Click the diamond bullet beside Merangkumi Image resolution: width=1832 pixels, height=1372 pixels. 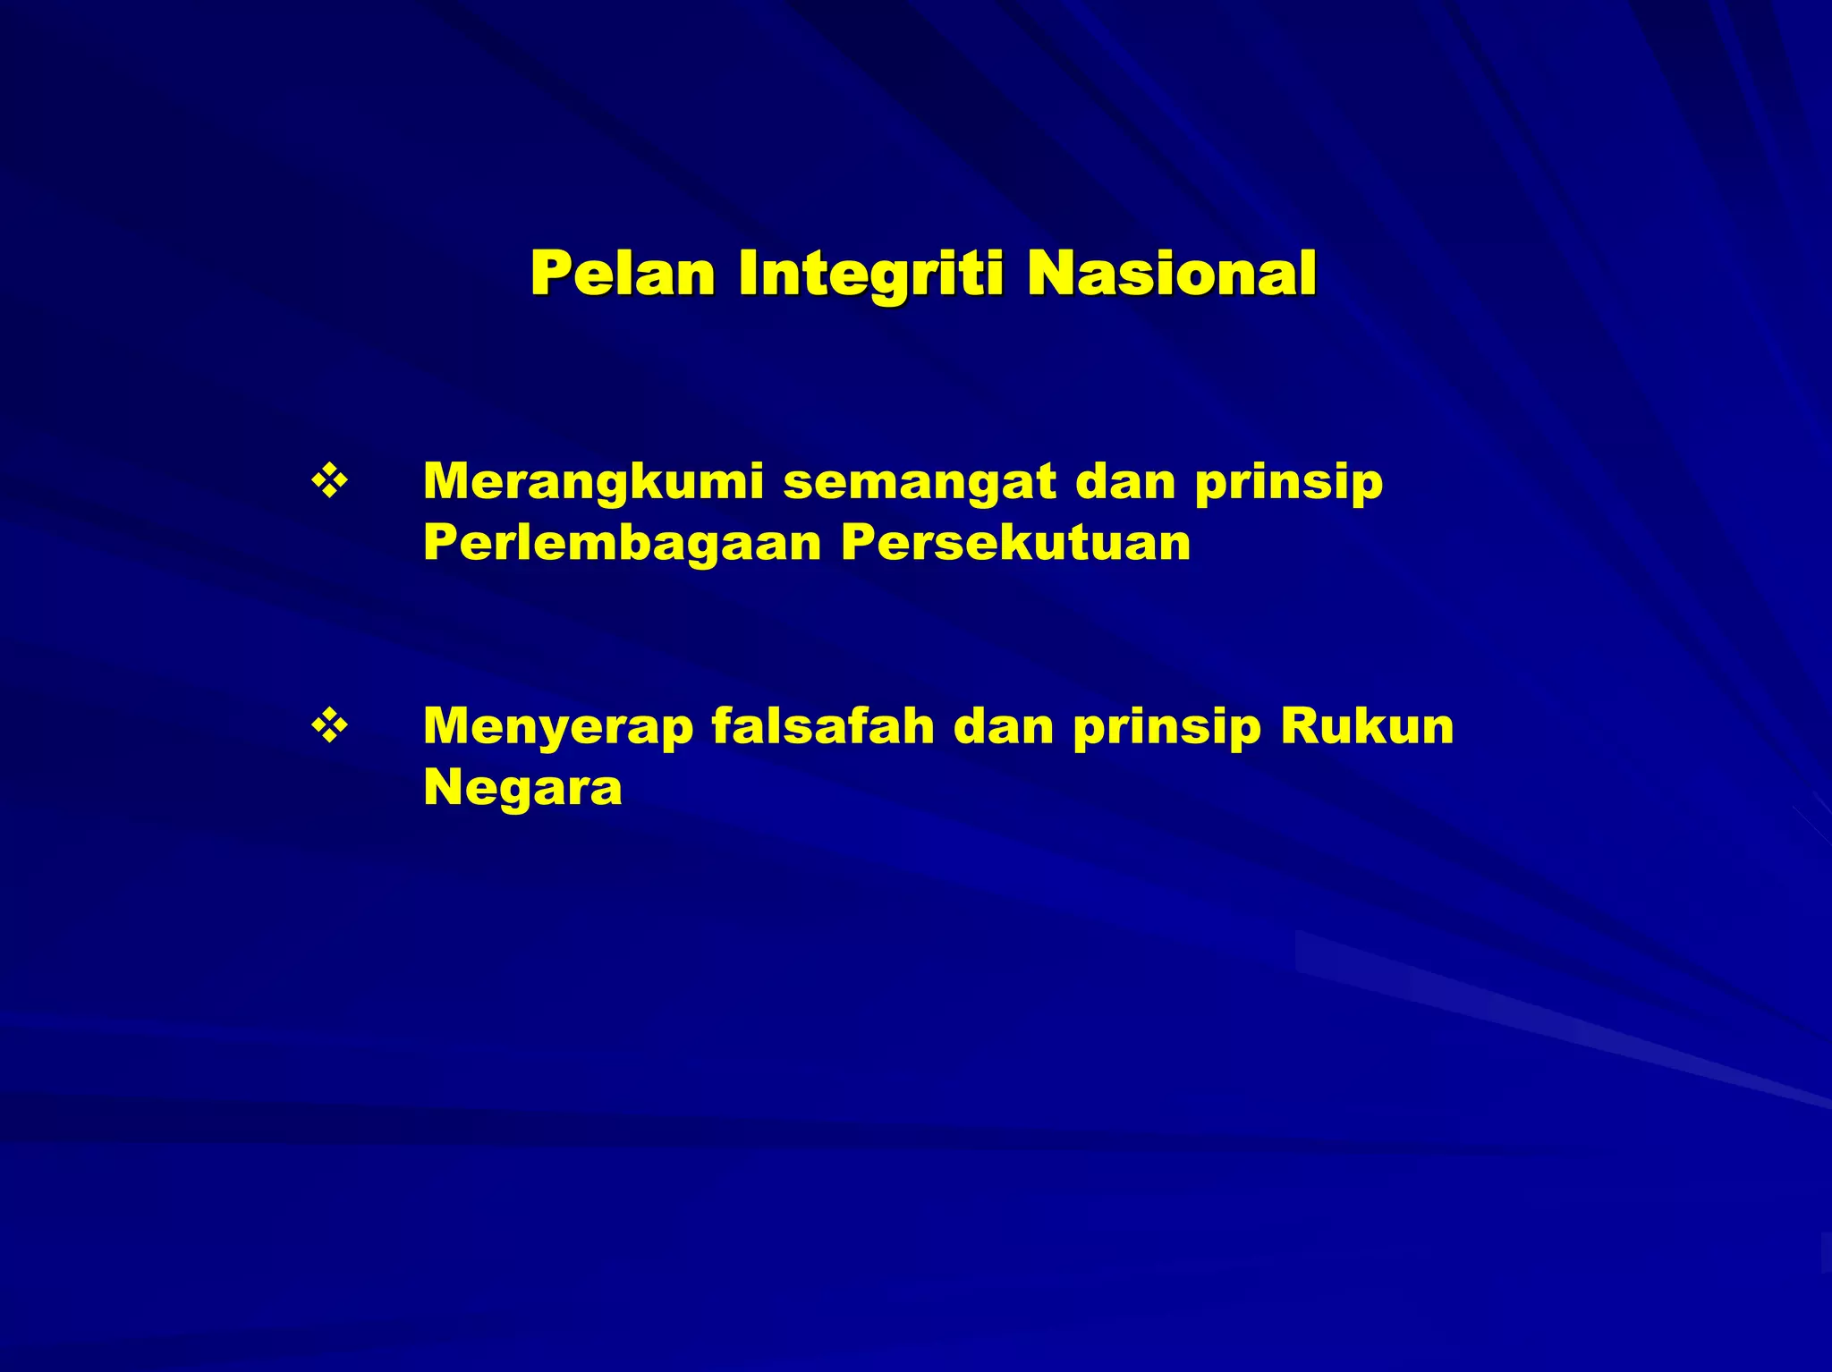coord(329,481)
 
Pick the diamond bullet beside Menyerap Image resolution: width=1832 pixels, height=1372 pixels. coord(329,725)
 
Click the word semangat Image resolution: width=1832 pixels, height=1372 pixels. coord(920,483)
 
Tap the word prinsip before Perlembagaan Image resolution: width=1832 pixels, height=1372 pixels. coord(1289,483)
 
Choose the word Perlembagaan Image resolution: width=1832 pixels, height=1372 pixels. coord(622,543)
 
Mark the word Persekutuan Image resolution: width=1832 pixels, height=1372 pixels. coord(1016,543)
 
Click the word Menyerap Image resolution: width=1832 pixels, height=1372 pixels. coord(558,727)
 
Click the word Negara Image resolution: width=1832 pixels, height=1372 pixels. coord(522,789)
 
